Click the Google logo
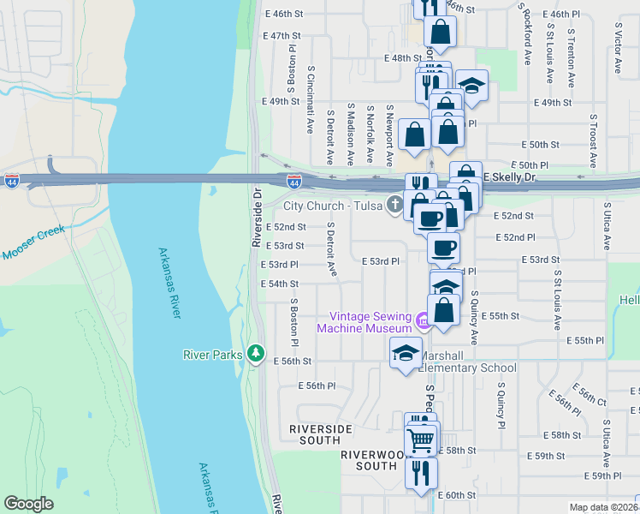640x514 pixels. click(28, 504)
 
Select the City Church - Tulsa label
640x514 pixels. click(335, 206)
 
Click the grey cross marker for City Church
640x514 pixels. click(394, 205)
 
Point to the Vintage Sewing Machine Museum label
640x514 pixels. click(365, 322)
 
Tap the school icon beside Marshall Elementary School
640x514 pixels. click(406, 352)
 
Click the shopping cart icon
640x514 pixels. click(420, 439)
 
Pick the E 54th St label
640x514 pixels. click(279, 284)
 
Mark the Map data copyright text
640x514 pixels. click(604, 507)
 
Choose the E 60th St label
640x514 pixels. click(456, 495)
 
